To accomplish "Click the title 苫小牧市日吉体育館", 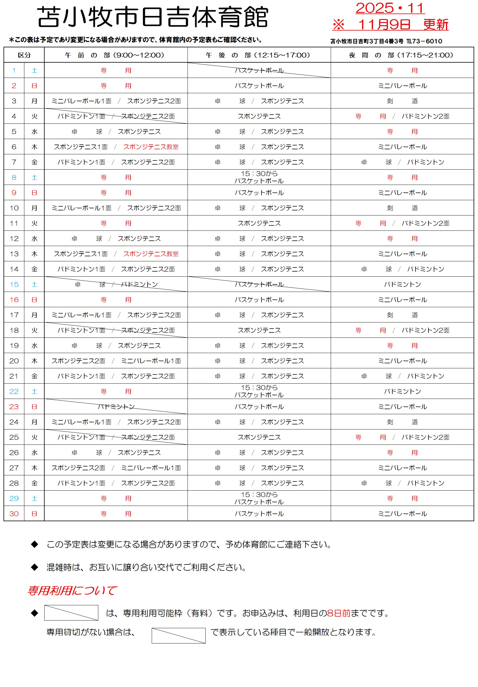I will pos(153,17).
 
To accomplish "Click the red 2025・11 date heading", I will pos(390,8).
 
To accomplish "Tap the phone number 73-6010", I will pos(427,41).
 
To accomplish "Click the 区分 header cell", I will pos(24,55).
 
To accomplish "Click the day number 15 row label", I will pos(14,284).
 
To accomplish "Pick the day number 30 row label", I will pos(14,514).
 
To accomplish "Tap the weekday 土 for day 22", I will pos(34,391).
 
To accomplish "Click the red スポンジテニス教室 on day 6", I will pos(151,147).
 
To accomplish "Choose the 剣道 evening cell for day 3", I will pos(402,101).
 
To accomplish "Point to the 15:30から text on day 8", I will pos(259,173).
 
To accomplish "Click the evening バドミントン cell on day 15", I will pos(402,284).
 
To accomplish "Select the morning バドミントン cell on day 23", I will pos(116,407).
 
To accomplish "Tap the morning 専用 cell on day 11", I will pos(116,223).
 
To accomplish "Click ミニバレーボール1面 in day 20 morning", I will pos(151,361).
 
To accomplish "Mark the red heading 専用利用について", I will pos(72,590).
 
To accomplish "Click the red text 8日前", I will pos(339,613).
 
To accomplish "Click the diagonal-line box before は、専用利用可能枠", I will pos(71,613).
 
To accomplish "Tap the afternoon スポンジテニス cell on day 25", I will pos(259,437).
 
